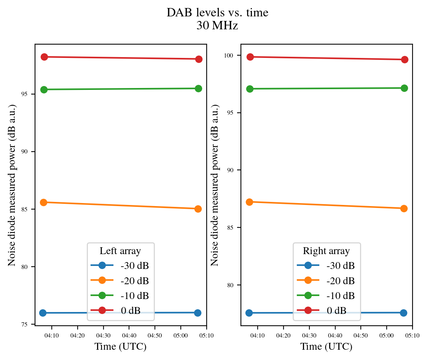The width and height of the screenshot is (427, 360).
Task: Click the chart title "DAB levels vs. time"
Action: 217,13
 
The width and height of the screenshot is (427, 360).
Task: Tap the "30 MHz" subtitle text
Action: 217,26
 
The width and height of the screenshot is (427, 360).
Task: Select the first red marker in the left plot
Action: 44,57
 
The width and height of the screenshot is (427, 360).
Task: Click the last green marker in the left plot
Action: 198,88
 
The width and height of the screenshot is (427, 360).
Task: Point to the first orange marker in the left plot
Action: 44,202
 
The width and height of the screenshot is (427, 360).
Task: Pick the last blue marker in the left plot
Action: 198,313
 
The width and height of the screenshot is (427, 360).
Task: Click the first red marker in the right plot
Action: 250,57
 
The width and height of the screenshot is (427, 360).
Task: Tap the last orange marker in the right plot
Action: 404,208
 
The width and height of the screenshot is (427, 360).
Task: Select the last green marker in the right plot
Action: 404,88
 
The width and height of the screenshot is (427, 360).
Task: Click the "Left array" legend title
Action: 120,251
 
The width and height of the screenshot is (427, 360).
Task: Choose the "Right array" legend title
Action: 326,251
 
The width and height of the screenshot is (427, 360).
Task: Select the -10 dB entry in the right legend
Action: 340,296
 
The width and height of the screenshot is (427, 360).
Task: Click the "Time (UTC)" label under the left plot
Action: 120,347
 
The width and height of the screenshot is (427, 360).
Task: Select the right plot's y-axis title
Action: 215,185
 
